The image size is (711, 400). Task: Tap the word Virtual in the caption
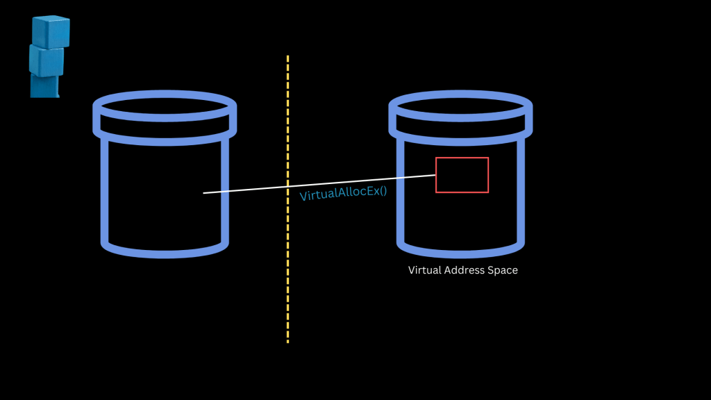click(x=426, y=270)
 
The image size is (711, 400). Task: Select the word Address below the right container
click(x=467, y=270)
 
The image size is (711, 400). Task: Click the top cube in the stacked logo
click(x=51, y=31)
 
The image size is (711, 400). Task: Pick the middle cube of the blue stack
click(x=47, y=60)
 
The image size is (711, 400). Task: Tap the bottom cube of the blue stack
click(x=44, y=86)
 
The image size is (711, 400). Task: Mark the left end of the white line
click(x=204, y=193)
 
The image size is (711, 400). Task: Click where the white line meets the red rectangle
click(x=435, y=176)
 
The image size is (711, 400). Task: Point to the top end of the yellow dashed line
click(x=287, y=58)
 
